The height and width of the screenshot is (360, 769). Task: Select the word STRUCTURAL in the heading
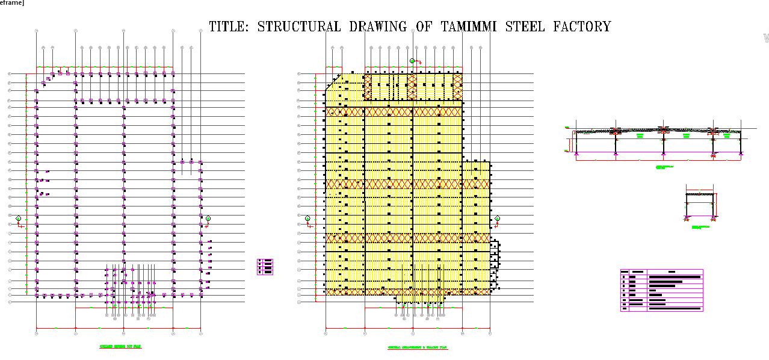[298, 26]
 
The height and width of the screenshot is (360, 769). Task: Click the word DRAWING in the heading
[379, 26]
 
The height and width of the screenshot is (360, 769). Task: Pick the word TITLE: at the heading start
[228, 26]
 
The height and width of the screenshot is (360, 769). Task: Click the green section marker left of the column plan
[19, 219]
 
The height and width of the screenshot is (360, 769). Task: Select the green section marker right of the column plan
[208, 219]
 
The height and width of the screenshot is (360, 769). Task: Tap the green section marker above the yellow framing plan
[412, 61]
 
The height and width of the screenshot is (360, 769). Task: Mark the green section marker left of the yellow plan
[307, 219]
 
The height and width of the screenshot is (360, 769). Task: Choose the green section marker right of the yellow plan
[497, 219]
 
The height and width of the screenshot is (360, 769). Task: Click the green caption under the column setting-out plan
[120, 347]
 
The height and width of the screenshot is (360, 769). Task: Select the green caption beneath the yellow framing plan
[417, 348]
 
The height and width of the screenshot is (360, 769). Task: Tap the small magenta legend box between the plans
[265, 267]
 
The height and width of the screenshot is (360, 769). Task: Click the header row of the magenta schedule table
[661, 272]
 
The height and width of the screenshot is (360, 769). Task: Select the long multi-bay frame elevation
[658, 141]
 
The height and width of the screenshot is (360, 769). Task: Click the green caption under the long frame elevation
[664, 167]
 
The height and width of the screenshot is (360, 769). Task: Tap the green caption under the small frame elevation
[700, 227]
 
